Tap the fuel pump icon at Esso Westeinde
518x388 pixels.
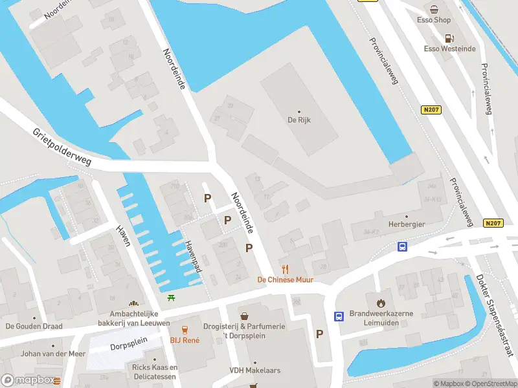point(449,38)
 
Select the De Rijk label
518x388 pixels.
point(300,120)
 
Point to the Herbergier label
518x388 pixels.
point(406,224)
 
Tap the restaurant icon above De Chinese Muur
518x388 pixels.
point(284,269)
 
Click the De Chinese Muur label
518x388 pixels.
point(285,280)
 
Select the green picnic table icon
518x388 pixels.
point(172,297)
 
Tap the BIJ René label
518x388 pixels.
point(185,339)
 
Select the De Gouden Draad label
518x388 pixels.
point(34,326)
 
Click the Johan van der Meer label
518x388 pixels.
point(44,354)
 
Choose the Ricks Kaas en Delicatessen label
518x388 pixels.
point(155,372)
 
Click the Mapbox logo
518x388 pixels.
point(30,380)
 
